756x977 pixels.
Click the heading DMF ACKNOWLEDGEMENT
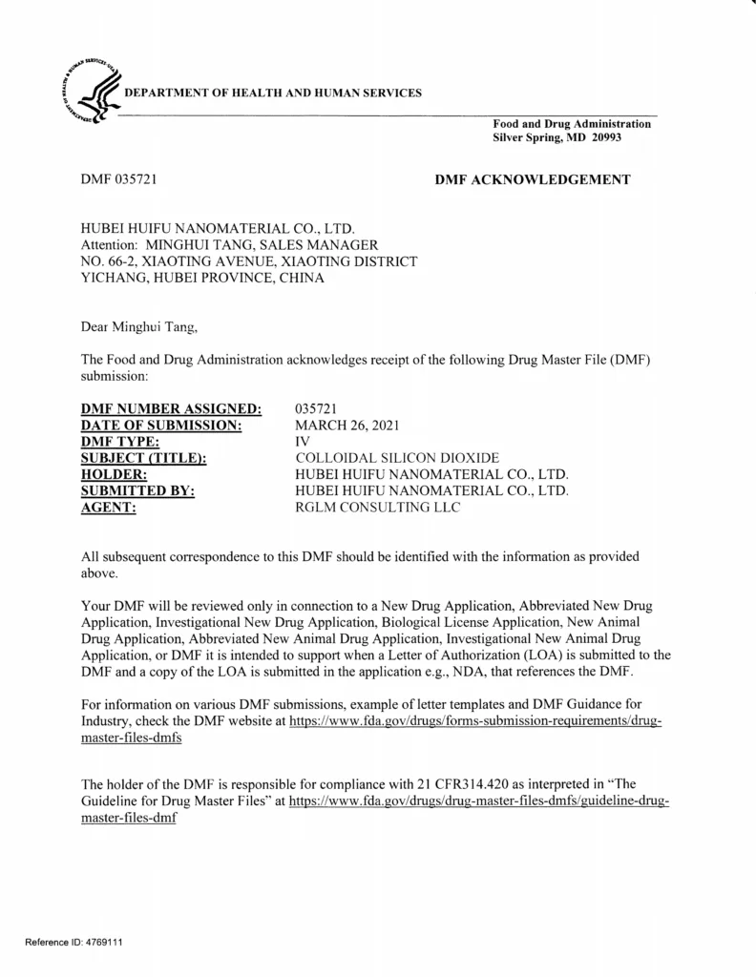pyautogui.click(x=532, y=179)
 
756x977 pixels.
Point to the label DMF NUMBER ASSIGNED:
pyautogui.click(x=171, y=410)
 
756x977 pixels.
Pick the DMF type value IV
pyautogui.click(x=304, y=443)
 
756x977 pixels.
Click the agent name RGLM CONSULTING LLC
pyautogui.click(x=378, y=508)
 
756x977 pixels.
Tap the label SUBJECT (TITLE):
pyautogui.click(x=144, y=459)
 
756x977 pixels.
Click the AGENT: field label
pyautogui.click(x=109, y=508)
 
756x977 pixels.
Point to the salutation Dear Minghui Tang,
pyautogui.click(x=139, y=328)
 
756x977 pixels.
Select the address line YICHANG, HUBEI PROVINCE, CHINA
pyautogui.click(x=201, y=279)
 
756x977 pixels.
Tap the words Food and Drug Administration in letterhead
pyautogui.click(x=571, y=124)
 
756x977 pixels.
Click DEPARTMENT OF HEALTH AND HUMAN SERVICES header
pyautogui.click(x=273, y=93)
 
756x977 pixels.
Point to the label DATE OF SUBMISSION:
pyautogui.click(x=159, y=426)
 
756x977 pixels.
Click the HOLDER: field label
pyautogui.click(x=114, y=475)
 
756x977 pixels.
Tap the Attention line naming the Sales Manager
pyautogui.click(x=223, y=245)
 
